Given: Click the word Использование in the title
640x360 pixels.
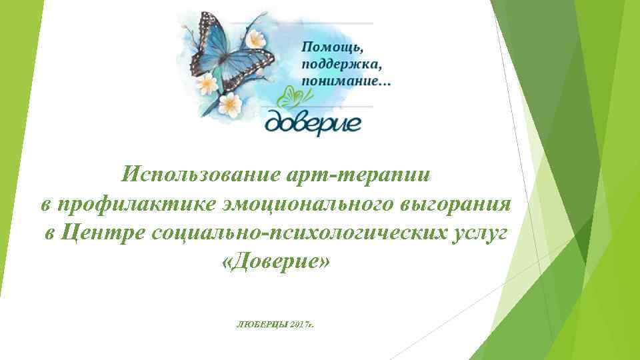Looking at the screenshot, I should click(193, 175).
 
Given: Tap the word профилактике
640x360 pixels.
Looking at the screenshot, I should click(134, 204).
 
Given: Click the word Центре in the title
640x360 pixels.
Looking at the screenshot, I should click(103, 233).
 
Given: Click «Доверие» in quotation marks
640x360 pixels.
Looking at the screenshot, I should click(275, 261).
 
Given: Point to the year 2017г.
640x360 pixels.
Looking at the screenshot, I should click(301, 323).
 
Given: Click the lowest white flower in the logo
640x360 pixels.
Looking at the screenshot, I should click(231, 103).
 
